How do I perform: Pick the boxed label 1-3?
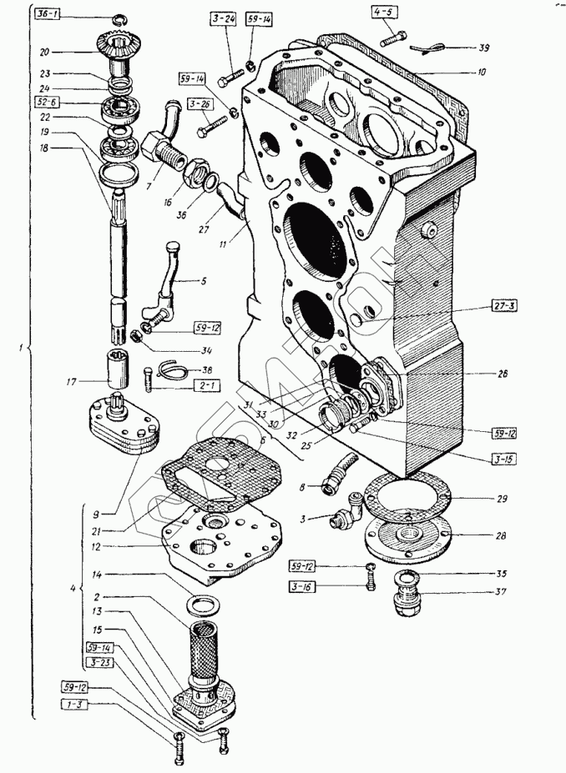pos(73,705)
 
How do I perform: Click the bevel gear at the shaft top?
pos(126,50)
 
